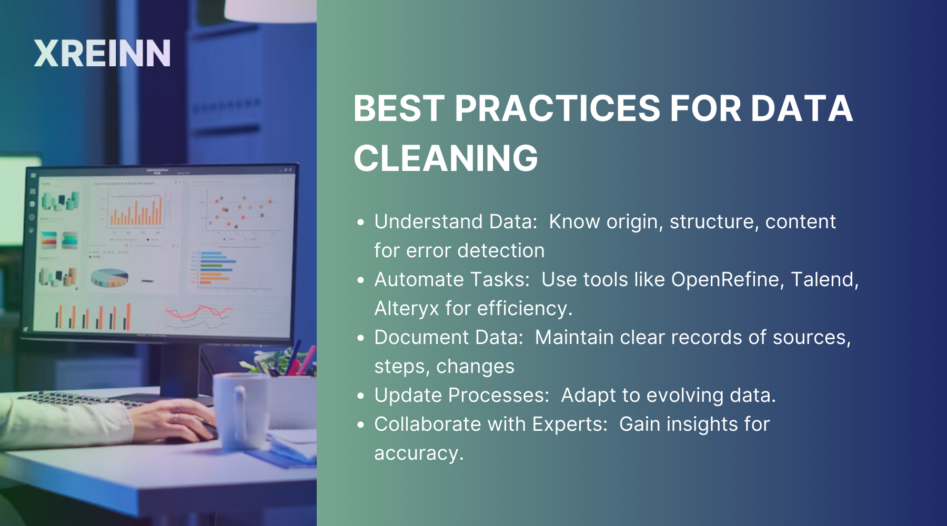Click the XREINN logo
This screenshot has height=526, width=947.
click(x=102, y=54)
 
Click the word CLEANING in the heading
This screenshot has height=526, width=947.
click(x=446, y=158)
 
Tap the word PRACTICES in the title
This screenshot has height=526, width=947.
click(x=557, y=109)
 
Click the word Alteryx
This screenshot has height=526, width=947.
click(x=406, y=309)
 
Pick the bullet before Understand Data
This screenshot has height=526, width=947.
click(x=360, y=222)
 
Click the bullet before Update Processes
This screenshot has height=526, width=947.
click(x=360, y=396)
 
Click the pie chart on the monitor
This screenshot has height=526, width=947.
click(x=109, y=278)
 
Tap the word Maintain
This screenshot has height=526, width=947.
click(x=574, y=337)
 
